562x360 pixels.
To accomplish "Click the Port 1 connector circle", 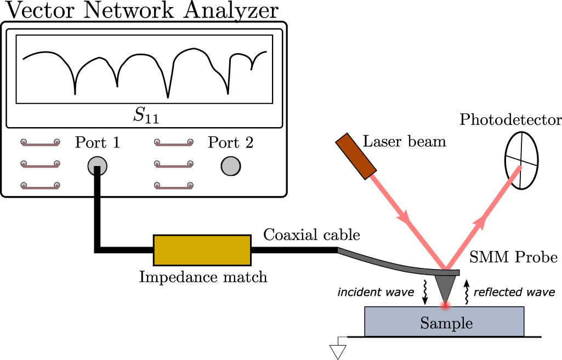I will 98,165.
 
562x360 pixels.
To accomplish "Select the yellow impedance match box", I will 202,250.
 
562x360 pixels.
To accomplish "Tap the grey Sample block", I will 444,322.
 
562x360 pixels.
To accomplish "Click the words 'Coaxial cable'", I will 311,235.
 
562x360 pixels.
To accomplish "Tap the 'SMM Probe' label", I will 515,257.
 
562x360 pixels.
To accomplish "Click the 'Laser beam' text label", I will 405,142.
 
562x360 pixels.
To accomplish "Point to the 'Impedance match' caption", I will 203,277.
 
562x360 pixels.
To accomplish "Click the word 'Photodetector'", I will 510,119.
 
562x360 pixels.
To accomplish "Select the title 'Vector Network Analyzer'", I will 139,10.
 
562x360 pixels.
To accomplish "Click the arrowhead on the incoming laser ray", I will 406,218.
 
